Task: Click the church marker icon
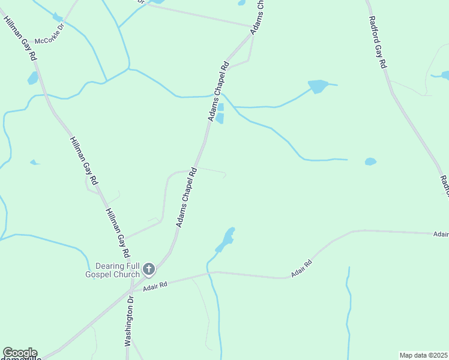click(149, 269)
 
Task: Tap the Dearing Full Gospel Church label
click(118, 270)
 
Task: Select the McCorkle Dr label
click(49, 41)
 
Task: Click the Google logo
click(19, 353)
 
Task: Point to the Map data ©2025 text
click(423, 355)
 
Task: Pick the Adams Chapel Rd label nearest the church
click(187, 197)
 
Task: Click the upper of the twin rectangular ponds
click(220, 107)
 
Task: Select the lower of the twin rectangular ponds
click(220, 118)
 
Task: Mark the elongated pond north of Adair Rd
click(225, 240)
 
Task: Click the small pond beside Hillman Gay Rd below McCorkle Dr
click(32, 78)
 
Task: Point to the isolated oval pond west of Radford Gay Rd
click(370, 161)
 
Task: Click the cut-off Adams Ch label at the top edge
click(258, 17)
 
